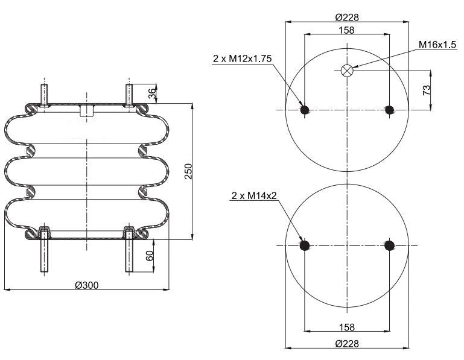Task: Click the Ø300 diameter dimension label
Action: (86, 285)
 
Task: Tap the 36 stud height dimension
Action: (153, 93)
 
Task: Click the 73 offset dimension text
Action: (427, 90)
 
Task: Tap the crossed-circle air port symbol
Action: (346, 71)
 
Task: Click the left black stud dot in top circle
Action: (305, 110)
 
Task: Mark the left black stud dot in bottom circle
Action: (305, 245)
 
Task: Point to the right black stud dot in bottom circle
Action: (389, 245)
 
